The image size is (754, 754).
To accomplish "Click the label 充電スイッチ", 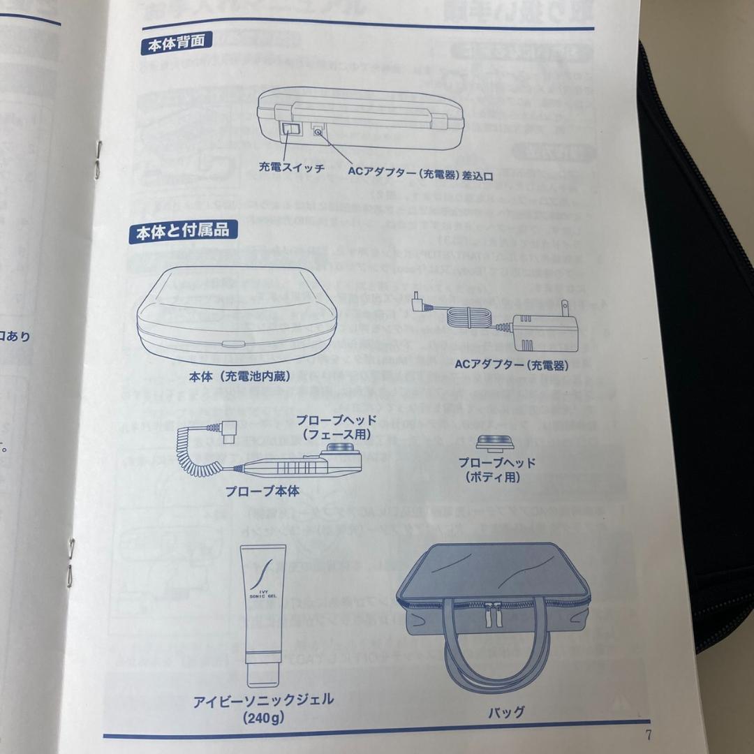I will [291, 169].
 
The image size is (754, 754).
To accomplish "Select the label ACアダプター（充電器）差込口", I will [420, 175].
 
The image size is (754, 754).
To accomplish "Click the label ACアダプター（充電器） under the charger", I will [512, 364].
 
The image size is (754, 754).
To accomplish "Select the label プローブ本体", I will [262, 491].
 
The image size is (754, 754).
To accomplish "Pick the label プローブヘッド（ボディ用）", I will [496, 470].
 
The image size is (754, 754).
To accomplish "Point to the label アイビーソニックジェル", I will [263, 699].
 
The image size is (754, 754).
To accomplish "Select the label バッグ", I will [506, 712].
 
